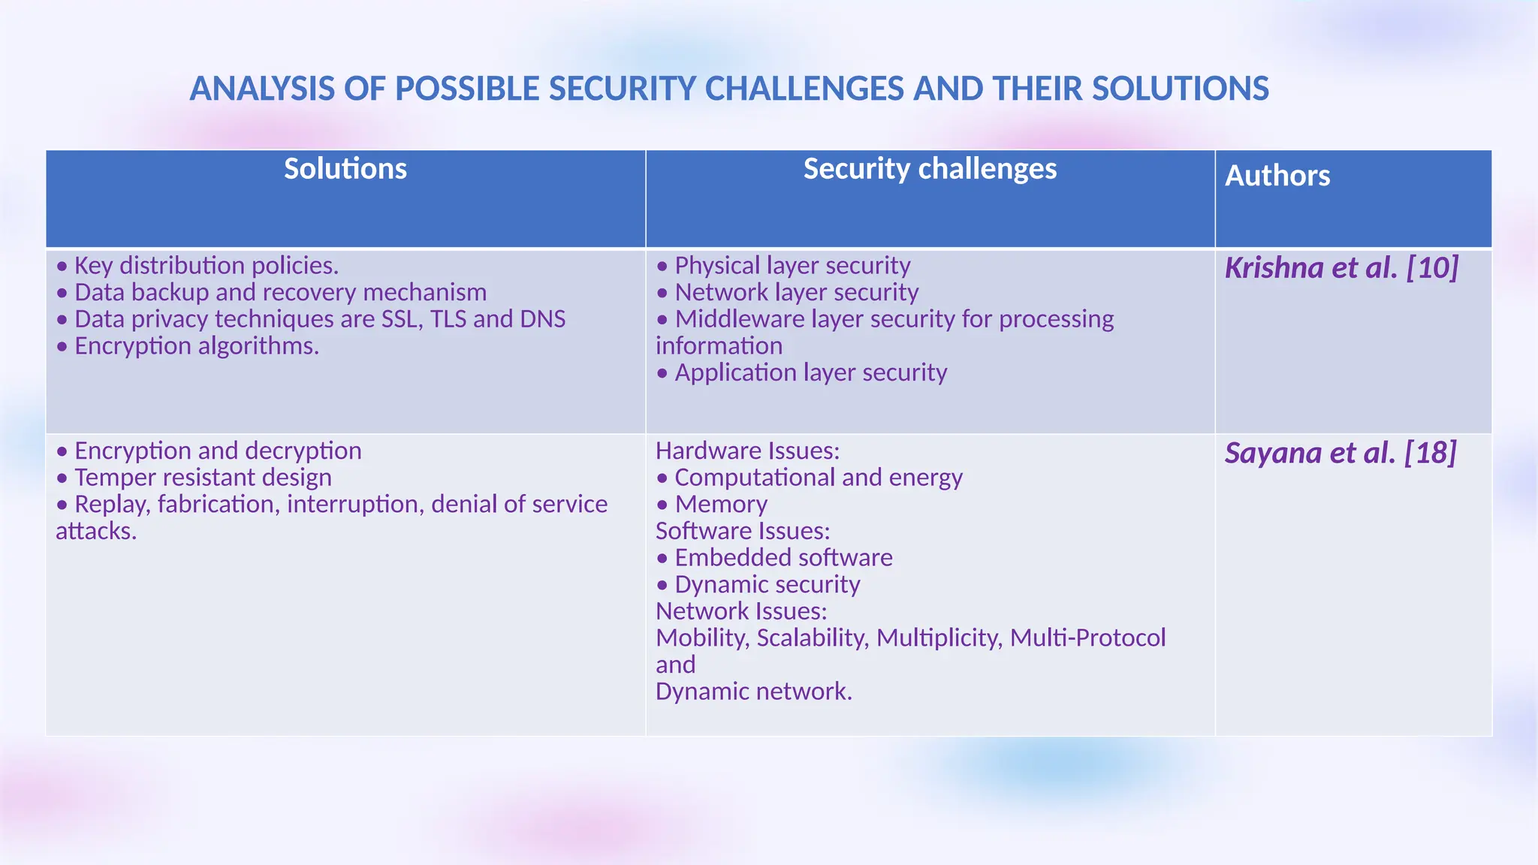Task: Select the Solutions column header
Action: click(x=345, y=169)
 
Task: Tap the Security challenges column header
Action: click(x=930, y=169)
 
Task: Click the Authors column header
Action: click(x=1277, y=176)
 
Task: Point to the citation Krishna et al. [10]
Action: click(x=1341, y=268)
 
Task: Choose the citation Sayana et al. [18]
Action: click(x=1340, y=453)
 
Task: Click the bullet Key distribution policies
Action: click(x=206, y=266)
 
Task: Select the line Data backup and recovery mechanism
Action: click(x=280, y=292)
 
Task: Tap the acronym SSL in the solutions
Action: click(x=402, y=319)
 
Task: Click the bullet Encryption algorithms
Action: click(x=196, y=346)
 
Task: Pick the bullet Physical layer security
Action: click(x=792, y=266)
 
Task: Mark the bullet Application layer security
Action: click(x=810, y=372)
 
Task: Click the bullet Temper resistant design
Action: click(x=203, y=478)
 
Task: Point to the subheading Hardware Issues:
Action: click(x=747, y=451)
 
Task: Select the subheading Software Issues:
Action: click(x=743, y=531)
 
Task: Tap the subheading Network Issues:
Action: click(x=741, y=611)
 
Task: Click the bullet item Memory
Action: click(x=720, y=505)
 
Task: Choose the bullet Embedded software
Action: click(x=783, y=558)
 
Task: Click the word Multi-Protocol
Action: click(x=1087, y=638)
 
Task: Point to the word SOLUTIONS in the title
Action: click(x=1181, y=89)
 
